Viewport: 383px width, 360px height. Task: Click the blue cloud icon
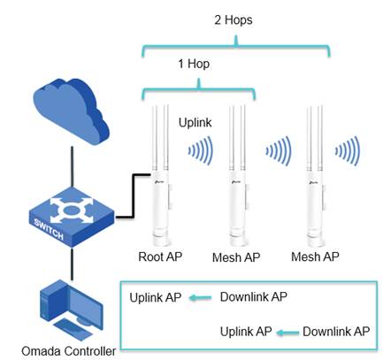(71, 111)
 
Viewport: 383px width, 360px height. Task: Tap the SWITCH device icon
(72, 218)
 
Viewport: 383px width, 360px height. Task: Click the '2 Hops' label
(234, 20)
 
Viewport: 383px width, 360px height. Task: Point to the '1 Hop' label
(194, 64)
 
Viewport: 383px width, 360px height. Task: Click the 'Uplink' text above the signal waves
(195, 123)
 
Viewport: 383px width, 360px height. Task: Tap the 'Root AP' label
(160, 257)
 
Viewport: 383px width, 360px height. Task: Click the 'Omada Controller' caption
(69, 351)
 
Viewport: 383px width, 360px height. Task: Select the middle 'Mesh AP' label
(236, 257)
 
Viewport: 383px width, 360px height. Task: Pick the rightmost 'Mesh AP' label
(315, 257)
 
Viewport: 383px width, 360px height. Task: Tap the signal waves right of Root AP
(201, 150)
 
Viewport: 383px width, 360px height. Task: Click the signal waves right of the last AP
(348, 150)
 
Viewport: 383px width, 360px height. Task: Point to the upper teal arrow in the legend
(201, 298)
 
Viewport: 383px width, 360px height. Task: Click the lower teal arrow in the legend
(287, 333)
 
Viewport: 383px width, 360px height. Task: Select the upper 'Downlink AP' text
(254, 297)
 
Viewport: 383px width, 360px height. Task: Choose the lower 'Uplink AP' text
(246, 332)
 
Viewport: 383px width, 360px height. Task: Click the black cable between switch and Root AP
(134, 196)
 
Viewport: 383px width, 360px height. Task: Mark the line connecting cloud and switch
(72, 166)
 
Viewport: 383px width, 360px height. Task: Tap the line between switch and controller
(72, 264)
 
